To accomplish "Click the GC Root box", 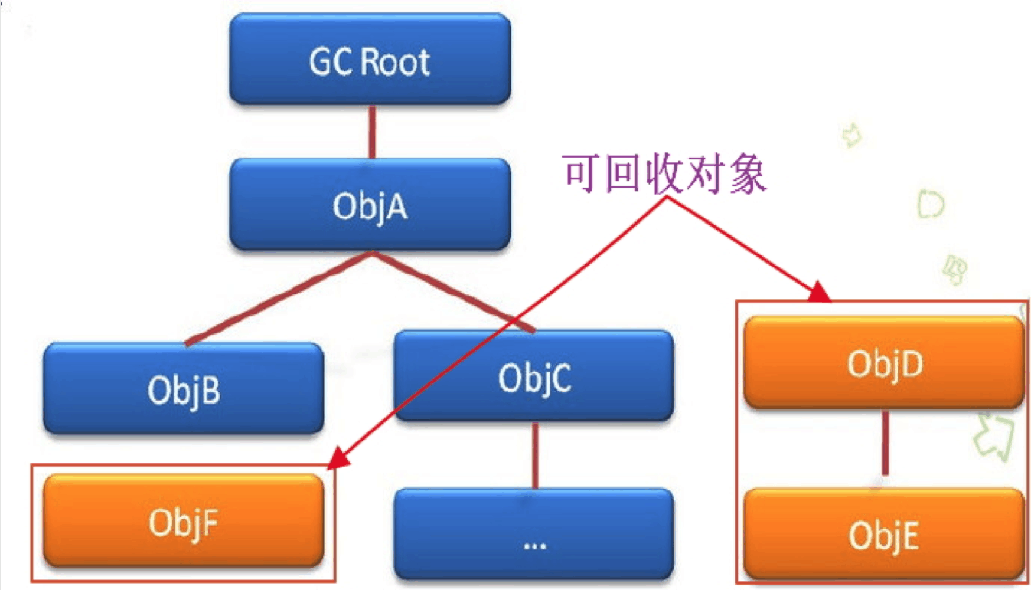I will coord(370,60).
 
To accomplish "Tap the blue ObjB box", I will coord(183,389).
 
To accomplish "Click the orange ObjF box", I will coord(183,522).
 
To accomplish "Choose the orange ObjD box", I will coord(884,362).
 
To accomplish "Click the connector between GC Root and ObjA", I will coord(372,132).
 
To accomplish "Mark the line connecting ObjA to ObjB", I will coord(278,298).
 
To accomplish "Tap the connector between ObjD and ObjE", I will coord(885,442).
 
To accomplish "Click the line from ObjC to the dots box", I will coord(535,454).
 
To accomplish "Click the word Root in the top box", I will coord(396,62).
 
